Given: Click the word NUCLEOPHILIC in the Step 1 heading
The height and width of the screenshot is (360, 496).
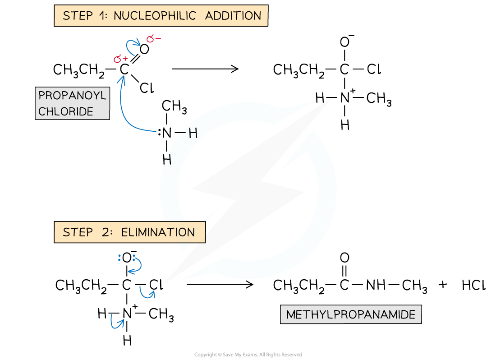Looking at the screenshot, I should [155, 16].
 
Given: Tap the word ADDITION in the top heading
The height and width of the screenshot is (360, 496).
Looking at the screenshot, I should [233, 16].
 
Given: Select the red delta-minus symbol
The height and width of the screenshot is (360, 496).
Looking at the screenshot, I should [153, 39].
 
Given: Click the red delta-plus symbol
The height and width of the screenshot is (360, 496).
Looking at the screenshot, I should [120, 59].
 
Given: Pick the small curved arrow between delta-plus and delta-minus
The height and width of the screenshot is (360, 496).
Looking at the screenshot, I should [134, 46].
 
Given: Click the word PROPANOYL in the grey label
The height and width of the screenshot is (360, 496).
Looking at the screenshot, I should [72, 96].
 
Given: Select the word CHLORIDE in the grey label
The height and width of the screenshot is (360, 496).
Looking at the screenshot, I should [66, 111].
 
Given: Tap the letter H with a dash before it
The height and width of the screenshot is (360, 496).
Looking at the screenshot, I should [193, 133].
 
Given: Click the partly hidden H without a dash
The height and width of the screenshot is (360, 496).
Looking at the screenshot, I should [167, 160].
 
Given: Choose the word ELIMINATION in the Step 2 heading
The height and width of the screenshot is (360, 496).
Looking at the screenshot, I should [158, 232].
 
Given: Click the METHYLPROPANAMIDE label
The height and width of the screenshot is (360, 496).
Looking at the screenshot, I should [350, 314].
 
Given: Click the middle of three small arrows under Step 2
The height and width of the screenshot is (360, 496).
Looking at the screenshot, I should [147, 293].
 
